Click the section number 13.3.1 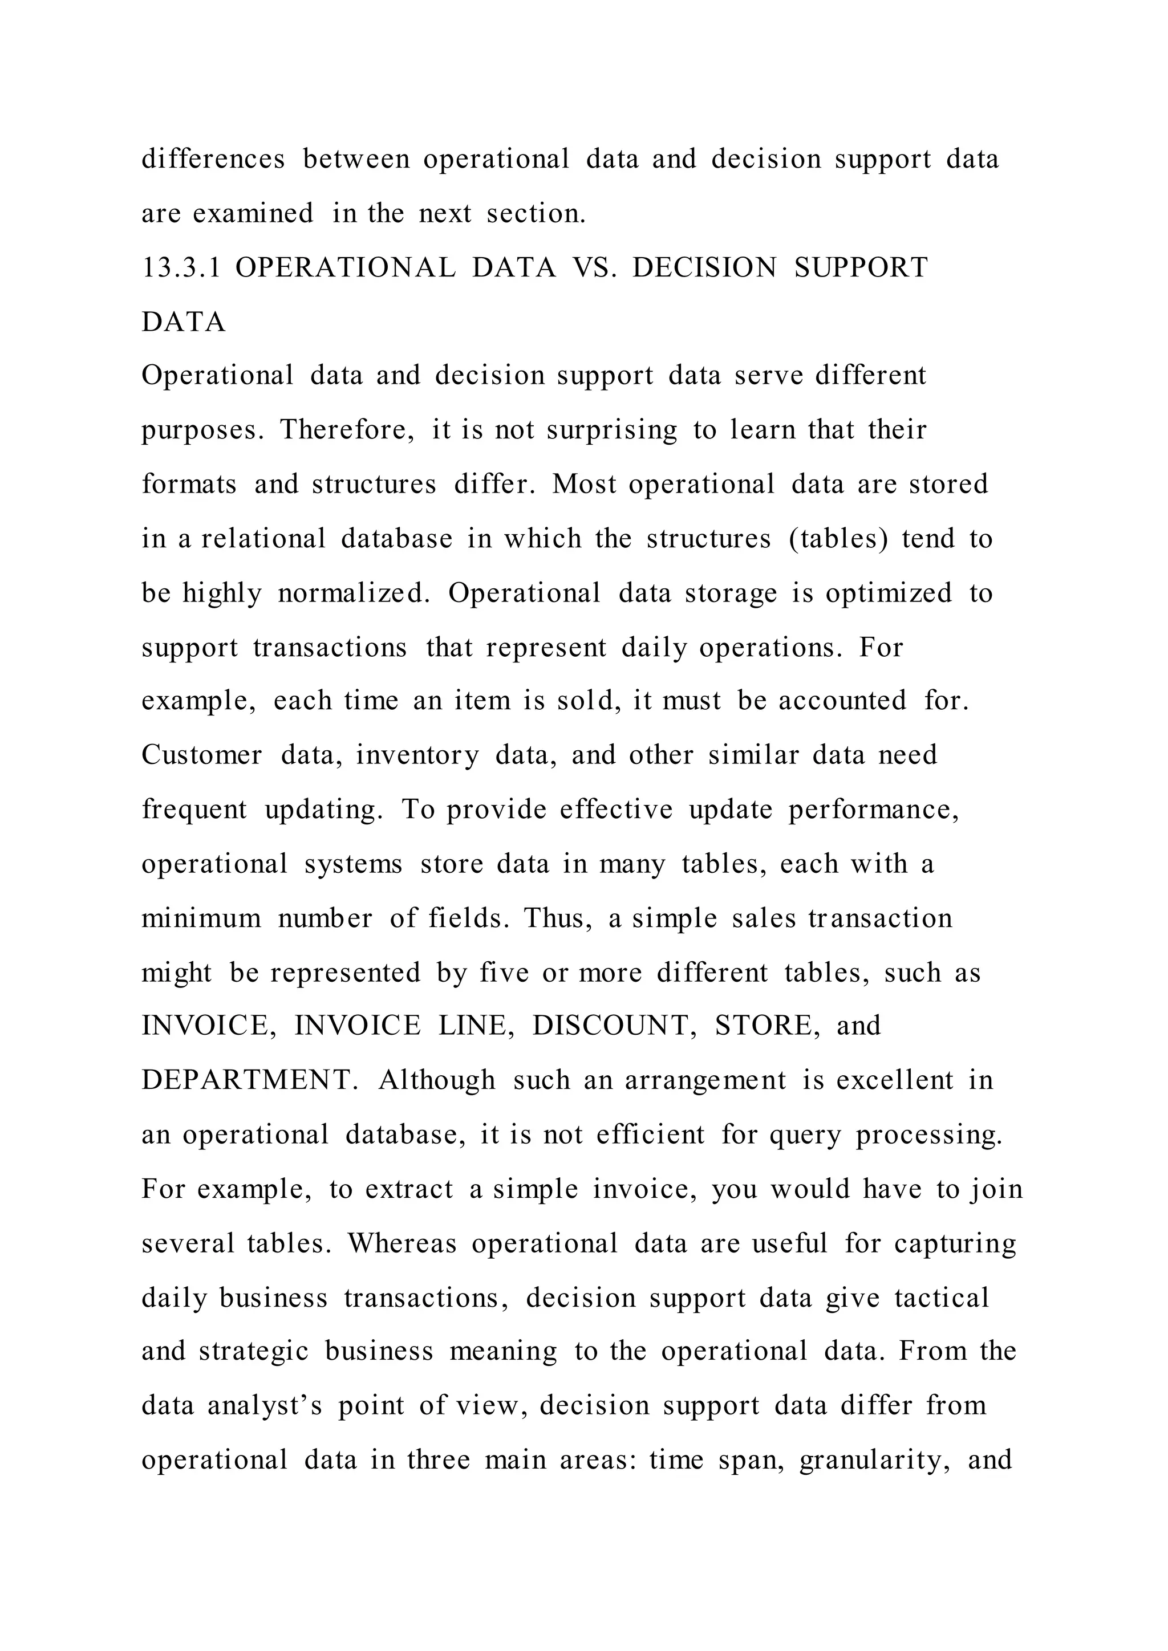point(181,268)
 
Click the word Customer point(201,756)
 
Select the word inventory point(417,756)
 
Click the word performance point(874,811)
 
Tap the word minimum point(201,919)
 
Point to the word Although point(437,1081)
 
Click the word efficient point(651,1136)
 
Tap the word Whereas point(402,1244)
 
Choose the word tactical point(942,1299)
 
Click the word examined point(253,214)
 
